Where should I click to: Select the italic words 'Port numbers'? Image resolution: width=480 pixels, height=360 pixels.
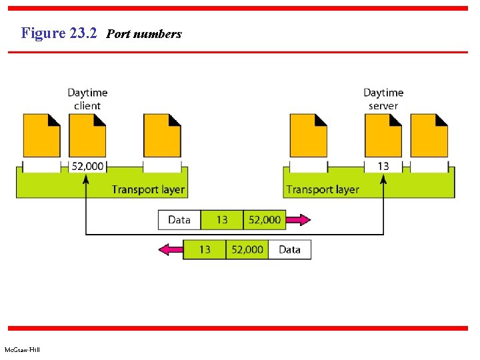point(143,34)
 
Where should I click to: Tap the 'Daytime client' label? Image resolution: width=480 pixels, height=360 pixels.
point(87,99)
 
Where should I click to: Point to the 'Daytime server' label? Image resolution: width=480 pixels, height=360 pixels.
point(383,99)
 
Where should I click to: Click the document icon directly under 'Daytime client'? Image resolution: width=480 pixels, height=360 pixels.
point(87,135)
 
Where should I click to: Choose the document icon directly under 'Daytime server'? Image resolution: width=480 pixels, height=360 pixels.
point(383,135)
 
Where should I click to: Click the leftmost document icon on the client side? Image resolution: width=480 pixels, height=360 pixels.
point(41,135)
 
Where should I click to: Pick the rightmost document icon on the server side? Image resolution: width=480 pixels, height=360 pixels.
point(429,135)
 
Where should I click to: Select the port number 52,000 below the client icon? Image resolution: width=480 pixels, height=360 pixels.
point(87,166)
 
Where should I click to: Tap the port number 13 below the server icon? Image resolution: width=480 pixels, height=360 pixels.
point(383,166)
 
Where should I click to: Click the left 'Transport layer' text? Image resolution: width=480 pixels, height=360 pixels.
point(148,189)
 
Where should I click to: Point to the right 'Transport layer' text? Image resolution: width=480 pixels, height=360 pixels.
point(323,189)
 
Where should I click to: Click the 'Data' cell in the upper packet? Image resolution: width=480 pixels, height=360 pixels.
point(179,220)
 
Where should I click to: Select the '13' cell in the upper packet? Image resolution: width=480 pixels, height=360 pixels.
point(222,220)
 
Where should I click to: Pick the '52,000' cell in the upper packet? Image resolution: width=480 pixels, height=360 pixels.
point(265,220)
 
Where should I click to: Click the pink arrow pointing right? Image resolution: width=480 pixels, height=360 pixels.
point(298,220)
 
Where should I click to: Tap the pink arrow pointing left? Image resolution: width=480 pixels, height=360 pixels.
point(171,250)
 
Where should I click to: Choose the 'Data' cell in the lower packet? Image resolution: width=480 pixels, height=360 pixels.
point(289,250)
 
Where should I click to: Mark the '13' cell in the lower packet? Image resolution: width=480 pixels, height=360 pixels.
point(205,250)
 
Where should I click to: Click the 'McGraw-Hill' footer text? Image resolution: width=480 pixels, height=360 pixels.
point(22,350)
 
